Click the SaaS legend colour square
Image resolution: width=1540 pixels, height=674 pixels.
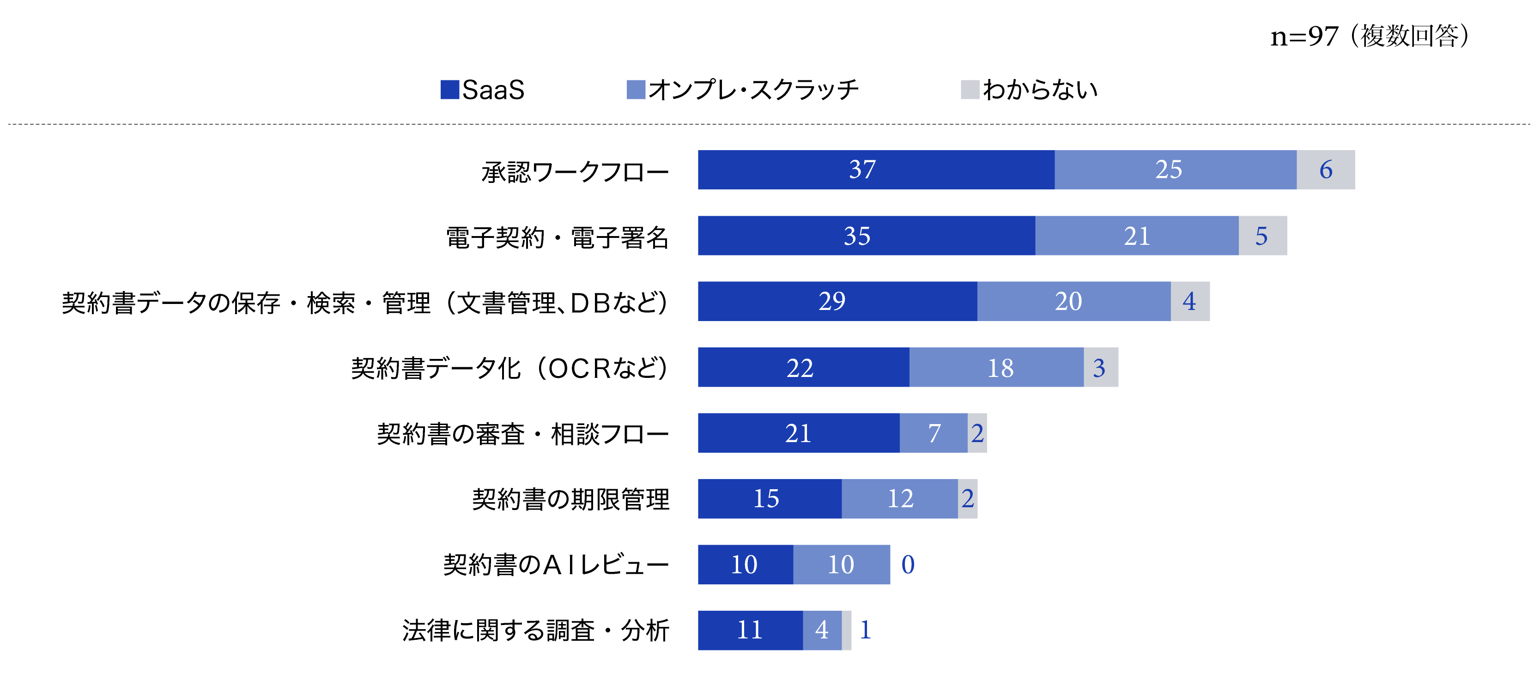[x=449, y=90]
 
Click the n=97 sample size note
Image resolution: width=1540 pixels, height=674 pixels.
[x=1369, y=36]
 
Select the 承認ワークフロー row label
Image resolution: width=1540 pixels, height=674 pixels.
[x=575, y=172]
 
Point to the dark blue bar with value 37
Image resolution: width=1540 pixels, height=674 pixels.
[x=876, y=170]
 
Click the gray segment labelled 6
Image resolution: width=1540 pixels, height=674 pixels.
[x=1325, y=170]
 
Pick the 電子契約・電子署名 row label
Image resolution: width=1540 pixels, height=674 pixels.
[x=557, y=237]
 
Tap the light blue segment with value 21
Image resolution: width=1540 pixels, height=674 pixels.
[x=1136, y=236]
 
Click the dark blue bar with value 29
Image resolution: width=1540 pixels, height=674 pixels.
[x=837, y=301]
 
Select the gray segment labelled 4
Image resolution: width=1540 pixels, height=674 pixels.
[x=1190, y=301]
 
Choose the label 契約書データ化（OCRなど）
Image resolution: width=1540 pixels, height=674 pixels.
[x=509, y=368]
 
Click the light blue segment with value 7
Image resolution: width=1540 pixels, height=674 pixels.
[x=933, y=433]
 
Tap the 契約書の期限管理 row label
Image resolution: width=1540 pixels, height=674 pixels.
[x=570, y=499]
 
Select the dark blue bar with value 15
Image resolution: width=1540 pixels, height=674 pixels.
[x=770, y=499]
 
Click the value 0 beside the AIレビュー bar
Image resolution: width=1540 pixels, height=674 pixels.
[x=908, y=565]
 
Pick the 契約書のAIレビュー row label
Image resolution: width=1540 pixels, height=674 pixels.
[x=556, y=565]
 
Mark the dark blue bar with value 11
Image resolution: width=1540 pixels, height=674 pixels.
[x=750, y=630]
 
